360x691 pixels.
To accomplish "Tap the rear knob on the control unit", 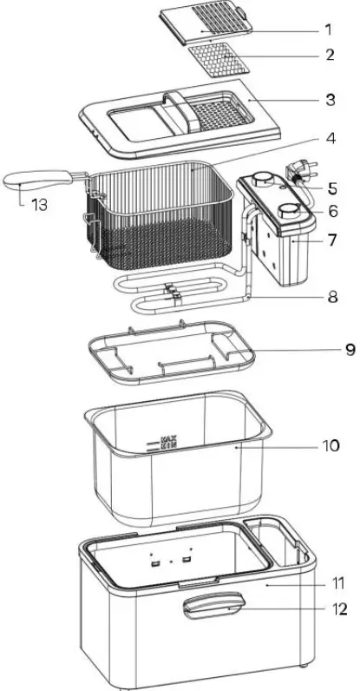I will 259,181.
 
